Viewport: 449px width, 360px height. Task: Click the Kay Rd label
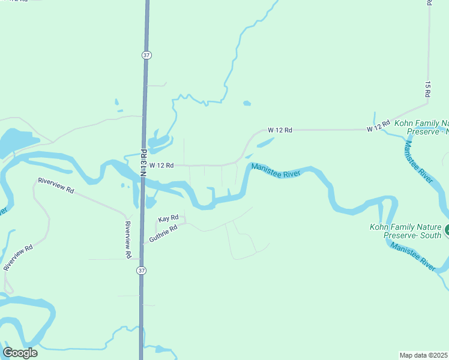168,218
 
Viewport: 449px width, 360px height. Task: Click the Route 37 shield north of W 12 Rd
146,55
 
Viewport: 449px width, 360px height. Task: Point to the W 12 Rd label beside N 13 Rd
161,165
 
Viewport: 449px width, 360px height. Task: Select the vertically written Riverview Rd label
128,240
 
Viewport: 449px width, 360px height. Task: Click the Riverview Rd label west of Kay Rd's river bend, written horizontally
55,185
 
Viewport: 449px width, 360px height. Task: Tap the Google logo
20,353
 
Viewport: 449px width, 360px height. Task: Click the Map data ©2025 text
424,355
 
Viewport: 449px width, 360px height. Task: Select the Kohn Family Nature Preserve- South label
405,231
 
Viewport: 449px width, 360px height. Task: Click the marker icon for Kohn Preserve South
447,229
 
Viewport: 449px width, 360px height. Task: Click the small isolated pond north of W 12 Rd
247,103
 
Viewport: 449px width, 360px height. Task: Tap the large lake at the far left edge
15,142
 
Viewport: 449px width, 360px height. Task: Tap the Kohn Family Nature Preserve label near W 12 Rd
420,127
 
